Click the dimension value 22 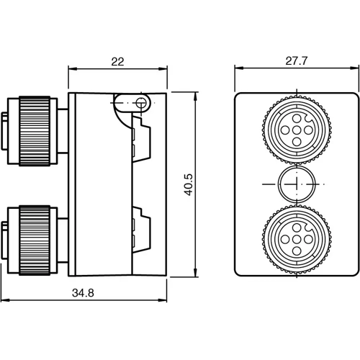[118, 62]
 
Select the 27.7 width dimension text [297, 62]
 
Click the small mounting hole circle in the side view [141, 104]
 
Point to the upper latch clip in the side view [142, 137]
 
